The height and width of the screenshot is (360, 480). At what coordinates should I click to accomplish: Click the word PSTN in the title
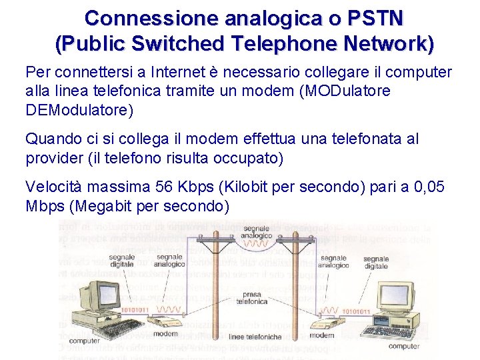(373, 18)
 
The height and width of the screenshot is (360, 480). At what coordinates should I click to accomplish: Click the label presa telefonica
(252, 297)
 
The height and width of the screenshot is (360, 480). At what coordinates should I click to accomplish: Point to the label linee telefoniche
(255, 337)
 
